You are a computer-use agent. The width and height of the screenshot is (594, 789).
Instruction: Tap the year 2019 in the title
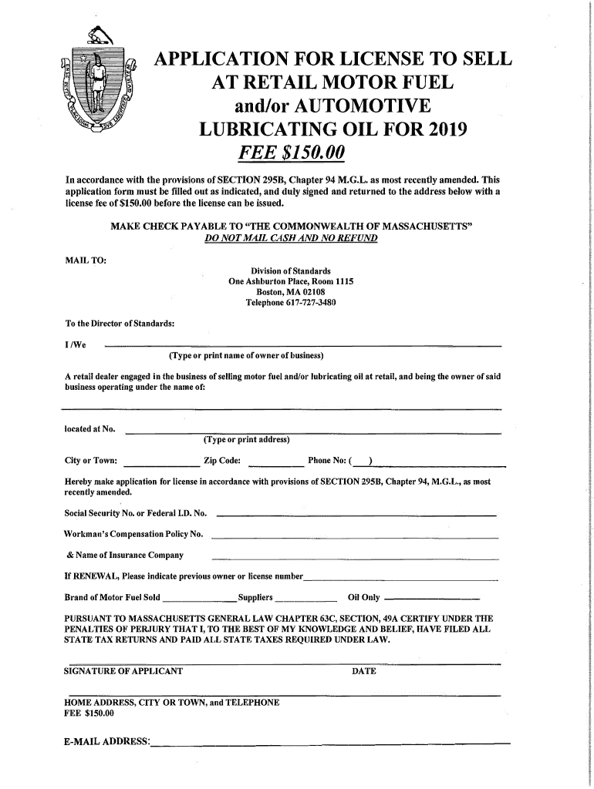click(440, 129)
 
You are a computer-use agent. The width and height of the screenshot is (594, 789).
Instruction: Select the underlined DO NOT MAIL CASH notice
click(291, 239)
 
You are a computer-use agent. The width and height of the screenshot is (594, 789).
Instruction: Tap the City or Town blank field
click(161, 465)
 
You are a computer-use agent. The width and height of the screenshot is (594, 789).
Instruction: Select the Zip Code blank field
click(276, 465)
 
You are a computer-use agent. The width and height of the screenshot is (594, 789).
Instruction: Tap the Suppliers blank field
click(306, 599)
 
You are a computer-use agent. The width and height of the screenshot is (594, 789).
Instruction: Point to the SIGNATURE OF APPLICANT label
click(123, 671)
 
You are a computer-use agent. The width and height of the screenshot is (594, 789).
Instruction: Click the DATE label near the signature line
click(363, 671)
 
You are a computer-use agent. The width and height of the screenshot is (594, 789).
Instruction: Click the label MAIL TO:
click(86, 259)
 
